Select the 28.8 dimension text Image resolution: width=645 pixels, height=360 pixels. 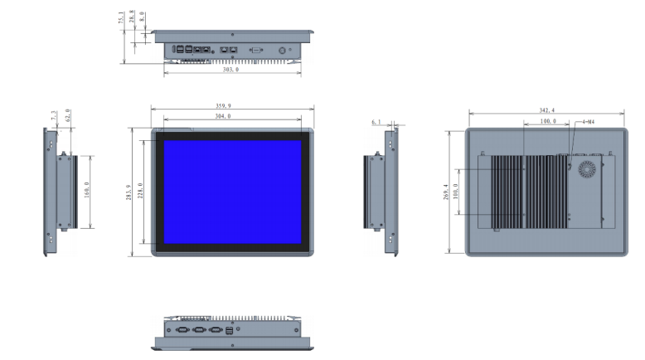coord(132,17)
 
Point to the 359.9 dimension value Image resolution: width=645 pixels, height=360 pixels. coord(231,105)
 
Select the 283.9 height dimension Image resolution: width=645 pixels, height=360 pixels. coord(129,192)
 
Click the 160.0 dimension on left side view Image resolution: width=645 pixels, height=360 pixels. coord(86,192)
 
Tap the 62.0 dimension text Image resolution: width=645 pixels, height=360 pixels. coord(67,117)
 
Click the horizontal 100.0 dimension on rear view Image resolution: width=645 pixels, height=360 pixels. coord(547,122)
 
